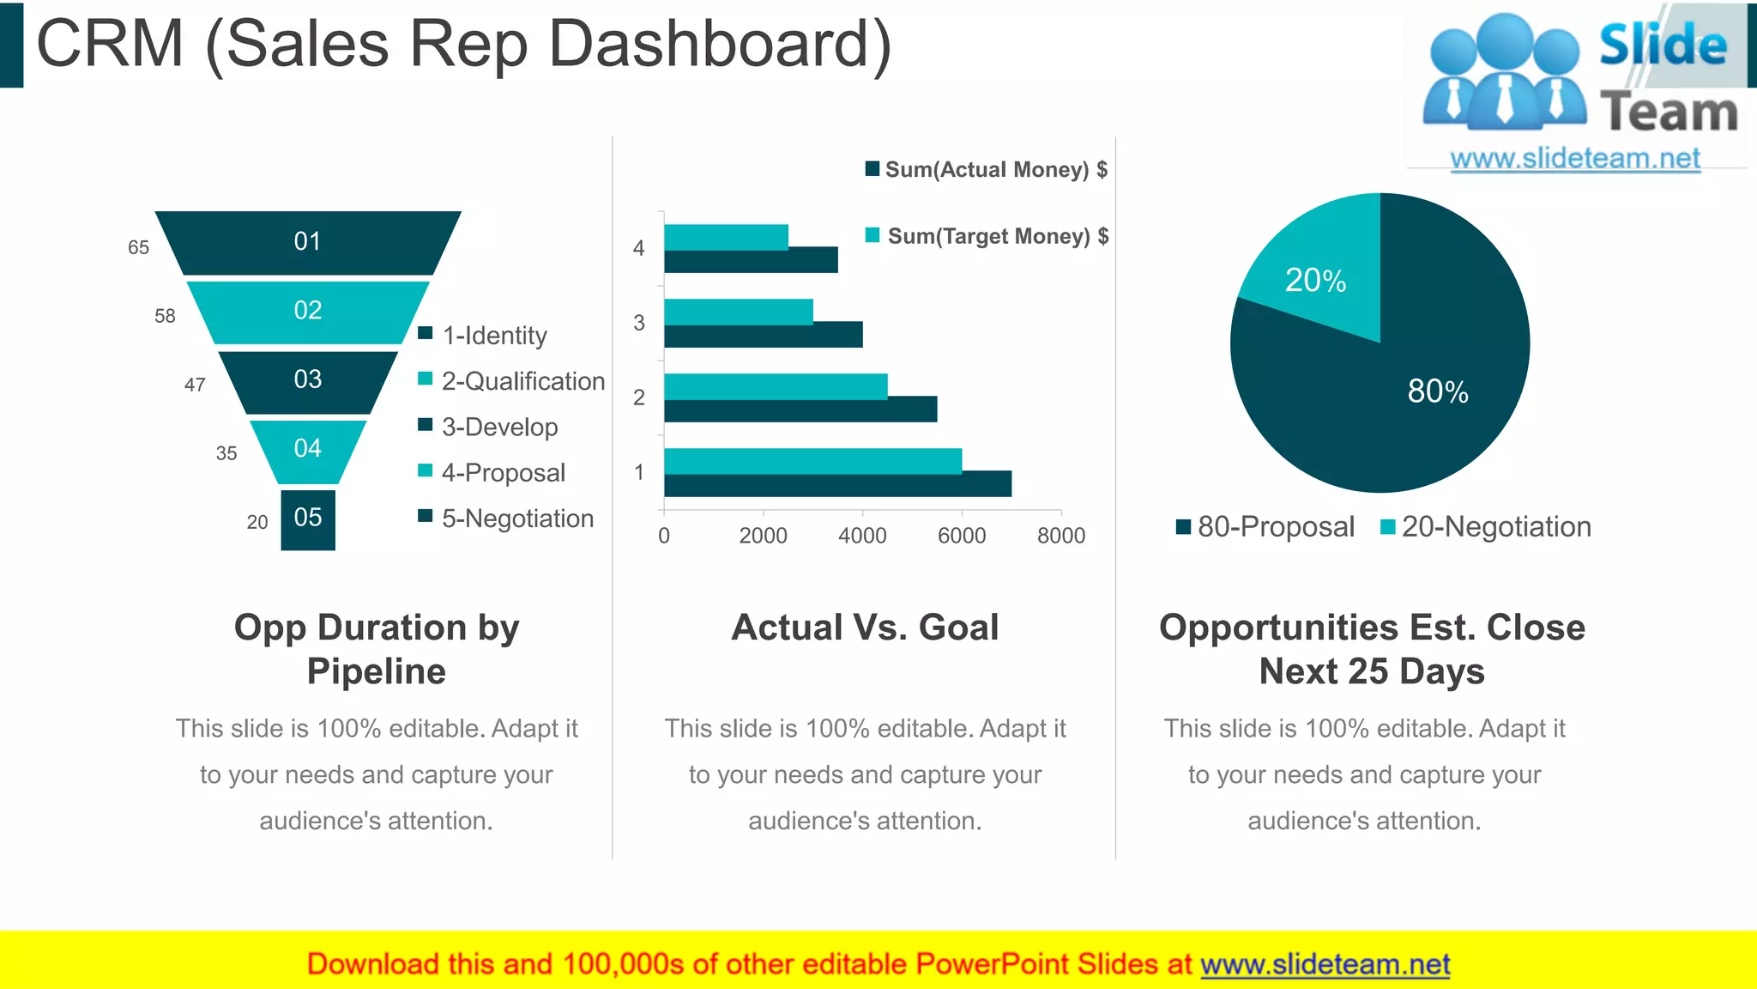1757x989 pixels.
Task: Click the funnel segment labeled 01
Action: coord(307,242)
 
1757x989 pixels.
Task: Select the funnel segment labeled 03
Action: coord(307,380)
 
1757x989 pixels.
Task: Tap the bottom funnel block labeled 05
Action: coord(307,519)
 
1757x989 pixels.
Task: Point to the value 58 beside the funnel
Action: coord(165,316)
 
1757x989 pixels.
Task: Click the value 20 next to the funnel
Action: coord(257,522)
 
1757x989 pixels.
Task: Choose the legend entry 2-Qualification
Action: coord(522,381)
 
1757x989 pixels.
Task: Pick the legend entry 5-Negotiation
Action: coord(516,519)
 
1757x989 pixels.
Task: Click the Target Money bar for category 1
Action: coord(812,461)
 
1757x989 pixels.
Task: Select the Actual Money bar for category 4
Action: coord(751,260)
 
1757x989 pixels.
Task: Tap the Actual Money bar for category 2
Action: coord(800,410)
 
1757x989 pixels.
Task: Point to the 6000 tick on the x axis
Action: coord(961,536)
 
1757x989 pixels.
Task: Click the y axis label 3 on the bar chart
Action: coord(638,323)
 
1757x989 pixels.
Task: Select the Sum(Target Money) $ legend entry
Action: coord(997,236)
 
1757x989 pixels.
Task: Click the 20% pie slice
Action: coord(1317,270)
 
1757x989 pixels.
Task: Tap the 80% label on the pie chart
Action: coord(1438,391)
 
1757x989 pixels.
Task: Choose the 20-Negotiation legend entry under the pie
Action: coord(1494,526)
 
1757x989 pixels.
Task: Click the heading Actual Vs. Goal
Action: coord(865,628)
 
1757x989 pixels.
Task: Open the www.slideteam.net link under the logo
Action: coord(1575,159)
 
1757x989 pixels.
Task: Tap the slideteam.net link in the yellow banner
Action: coord(1325,964)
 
